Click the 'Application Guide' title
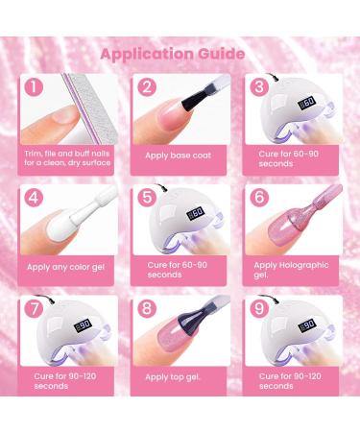173,54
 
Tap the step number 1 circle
34,87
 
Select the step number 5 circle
147,197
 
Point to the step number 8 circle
147,308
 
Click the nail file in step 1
89,108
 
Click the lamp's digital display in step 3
307,103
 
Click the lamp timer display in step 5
195,213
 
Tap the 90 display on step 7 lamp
84,325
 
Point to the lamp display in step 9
307,325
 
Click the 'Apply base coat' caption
179,156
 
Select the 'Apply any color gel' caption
65,267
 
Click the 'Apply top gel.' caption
173,377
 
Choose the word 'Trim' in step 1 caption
33,154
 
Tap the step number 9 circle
259,308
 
